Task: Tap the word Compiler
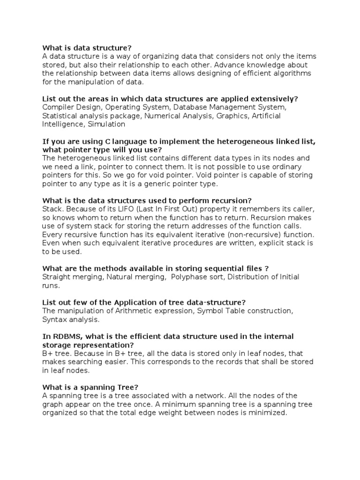pos(57,107)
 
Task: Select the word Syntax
pos(53,319)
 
